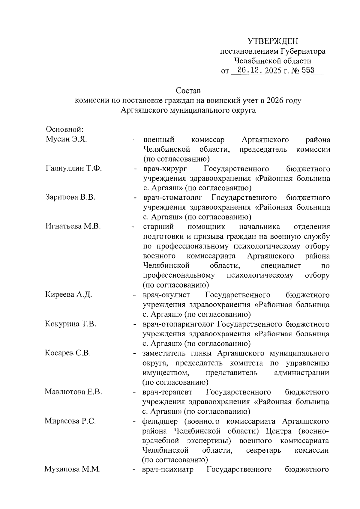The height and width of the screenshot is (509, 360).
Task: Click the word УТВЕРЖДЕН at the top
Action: pos(273,41)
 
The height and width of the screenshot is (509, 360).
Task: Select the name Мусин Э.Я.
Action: pos(66,139)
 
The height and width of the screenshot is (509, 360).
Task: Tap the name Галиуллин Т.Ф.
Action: pos(74,168)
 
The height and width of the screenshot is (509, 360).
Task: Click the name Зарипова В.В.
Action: pos(70,198)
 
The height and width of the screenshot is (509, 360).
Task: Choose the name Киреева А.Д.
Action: pos(69,295)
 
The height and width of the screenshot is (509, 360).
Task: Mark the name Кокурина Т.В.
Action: pos(70,324)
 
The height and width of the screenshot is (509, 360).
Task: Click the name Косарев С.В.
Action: pos(68,353)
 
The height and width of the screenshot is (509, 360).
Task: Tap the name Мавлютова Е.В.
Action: pos(73,392)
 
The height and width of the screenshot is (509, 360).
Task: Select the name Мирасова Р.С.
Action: pos(70,421)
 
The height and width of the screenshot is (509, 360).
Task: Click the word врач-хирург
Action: pos(165,169)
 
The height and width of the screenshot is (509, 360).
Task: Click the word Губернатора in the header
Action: pos(303,51)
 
